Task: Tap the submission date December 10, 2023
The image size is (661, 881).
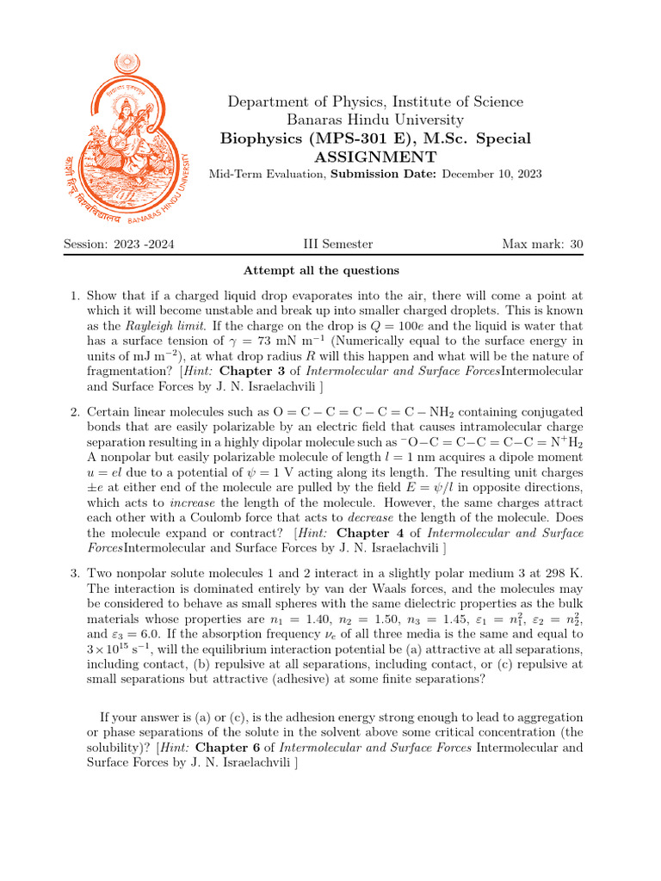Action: [491, 174]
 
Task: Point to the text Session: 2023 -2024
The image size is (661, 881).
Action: [119, 244]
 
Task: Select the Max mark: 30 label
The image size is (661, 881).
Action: [542, 244]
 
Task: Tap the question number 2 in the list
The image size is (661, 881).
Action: [74, 413]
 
